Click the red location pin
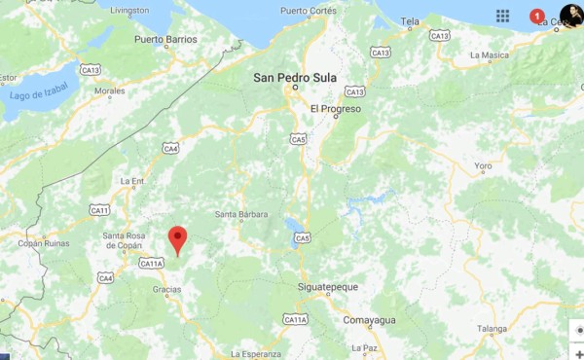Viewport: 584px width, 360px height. click(177, 237)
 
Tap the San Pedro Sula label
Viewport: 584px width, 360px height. click(294, 77)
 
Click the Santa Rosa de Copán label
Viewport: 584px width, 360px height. click(124, 240)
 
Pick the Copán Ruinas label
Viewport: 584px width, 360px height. click(43, 243)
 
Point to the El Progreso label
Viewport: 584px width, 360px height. click(336, 109)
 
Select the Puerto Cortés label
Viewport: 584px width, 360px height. click(308, 11)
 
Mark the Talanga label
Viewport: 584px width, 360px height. click(492, 329)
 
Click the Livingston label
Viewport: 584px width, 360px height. click(129, 11)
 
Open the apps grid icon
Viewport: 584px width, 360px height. click(502, 16)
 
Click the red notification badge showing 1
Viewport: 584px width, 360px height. click(536, 16)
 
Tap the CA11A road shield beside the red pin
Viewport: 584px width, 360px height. click(152, 264)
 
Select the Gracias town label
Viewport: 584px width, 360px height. click(166, 289)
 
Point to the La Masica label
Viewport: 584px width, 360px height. click(489, 55)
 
